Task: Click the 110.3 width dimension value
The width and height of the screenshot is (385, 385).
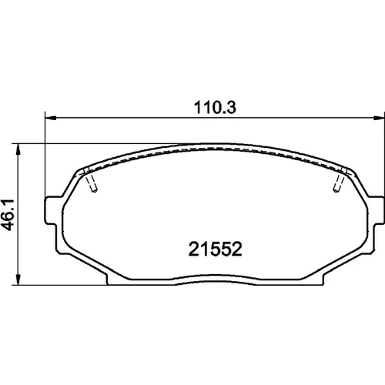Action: [215, 107]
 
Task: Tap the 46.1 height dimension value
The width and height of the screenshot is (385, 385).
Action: [9, 215]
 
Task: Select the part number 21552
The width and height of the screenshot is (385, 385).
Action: [215, 249]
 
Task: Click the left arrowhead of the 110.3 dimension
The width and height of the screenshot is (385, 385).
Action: [51, 118]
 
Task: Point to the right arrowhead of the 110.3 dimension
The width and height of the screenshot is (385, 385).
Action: [379, 118]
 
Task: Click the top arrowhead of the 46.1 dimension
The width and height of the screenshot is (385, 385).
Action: [18, 149]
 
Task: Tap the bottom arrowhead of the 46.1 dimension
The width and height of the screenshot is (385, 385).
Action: [18, 280]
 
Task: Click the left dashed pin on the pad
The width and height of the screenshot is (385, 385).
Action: [90, 180]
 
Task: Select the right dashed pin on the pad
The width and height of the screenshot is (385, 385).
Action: [340, 180]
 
